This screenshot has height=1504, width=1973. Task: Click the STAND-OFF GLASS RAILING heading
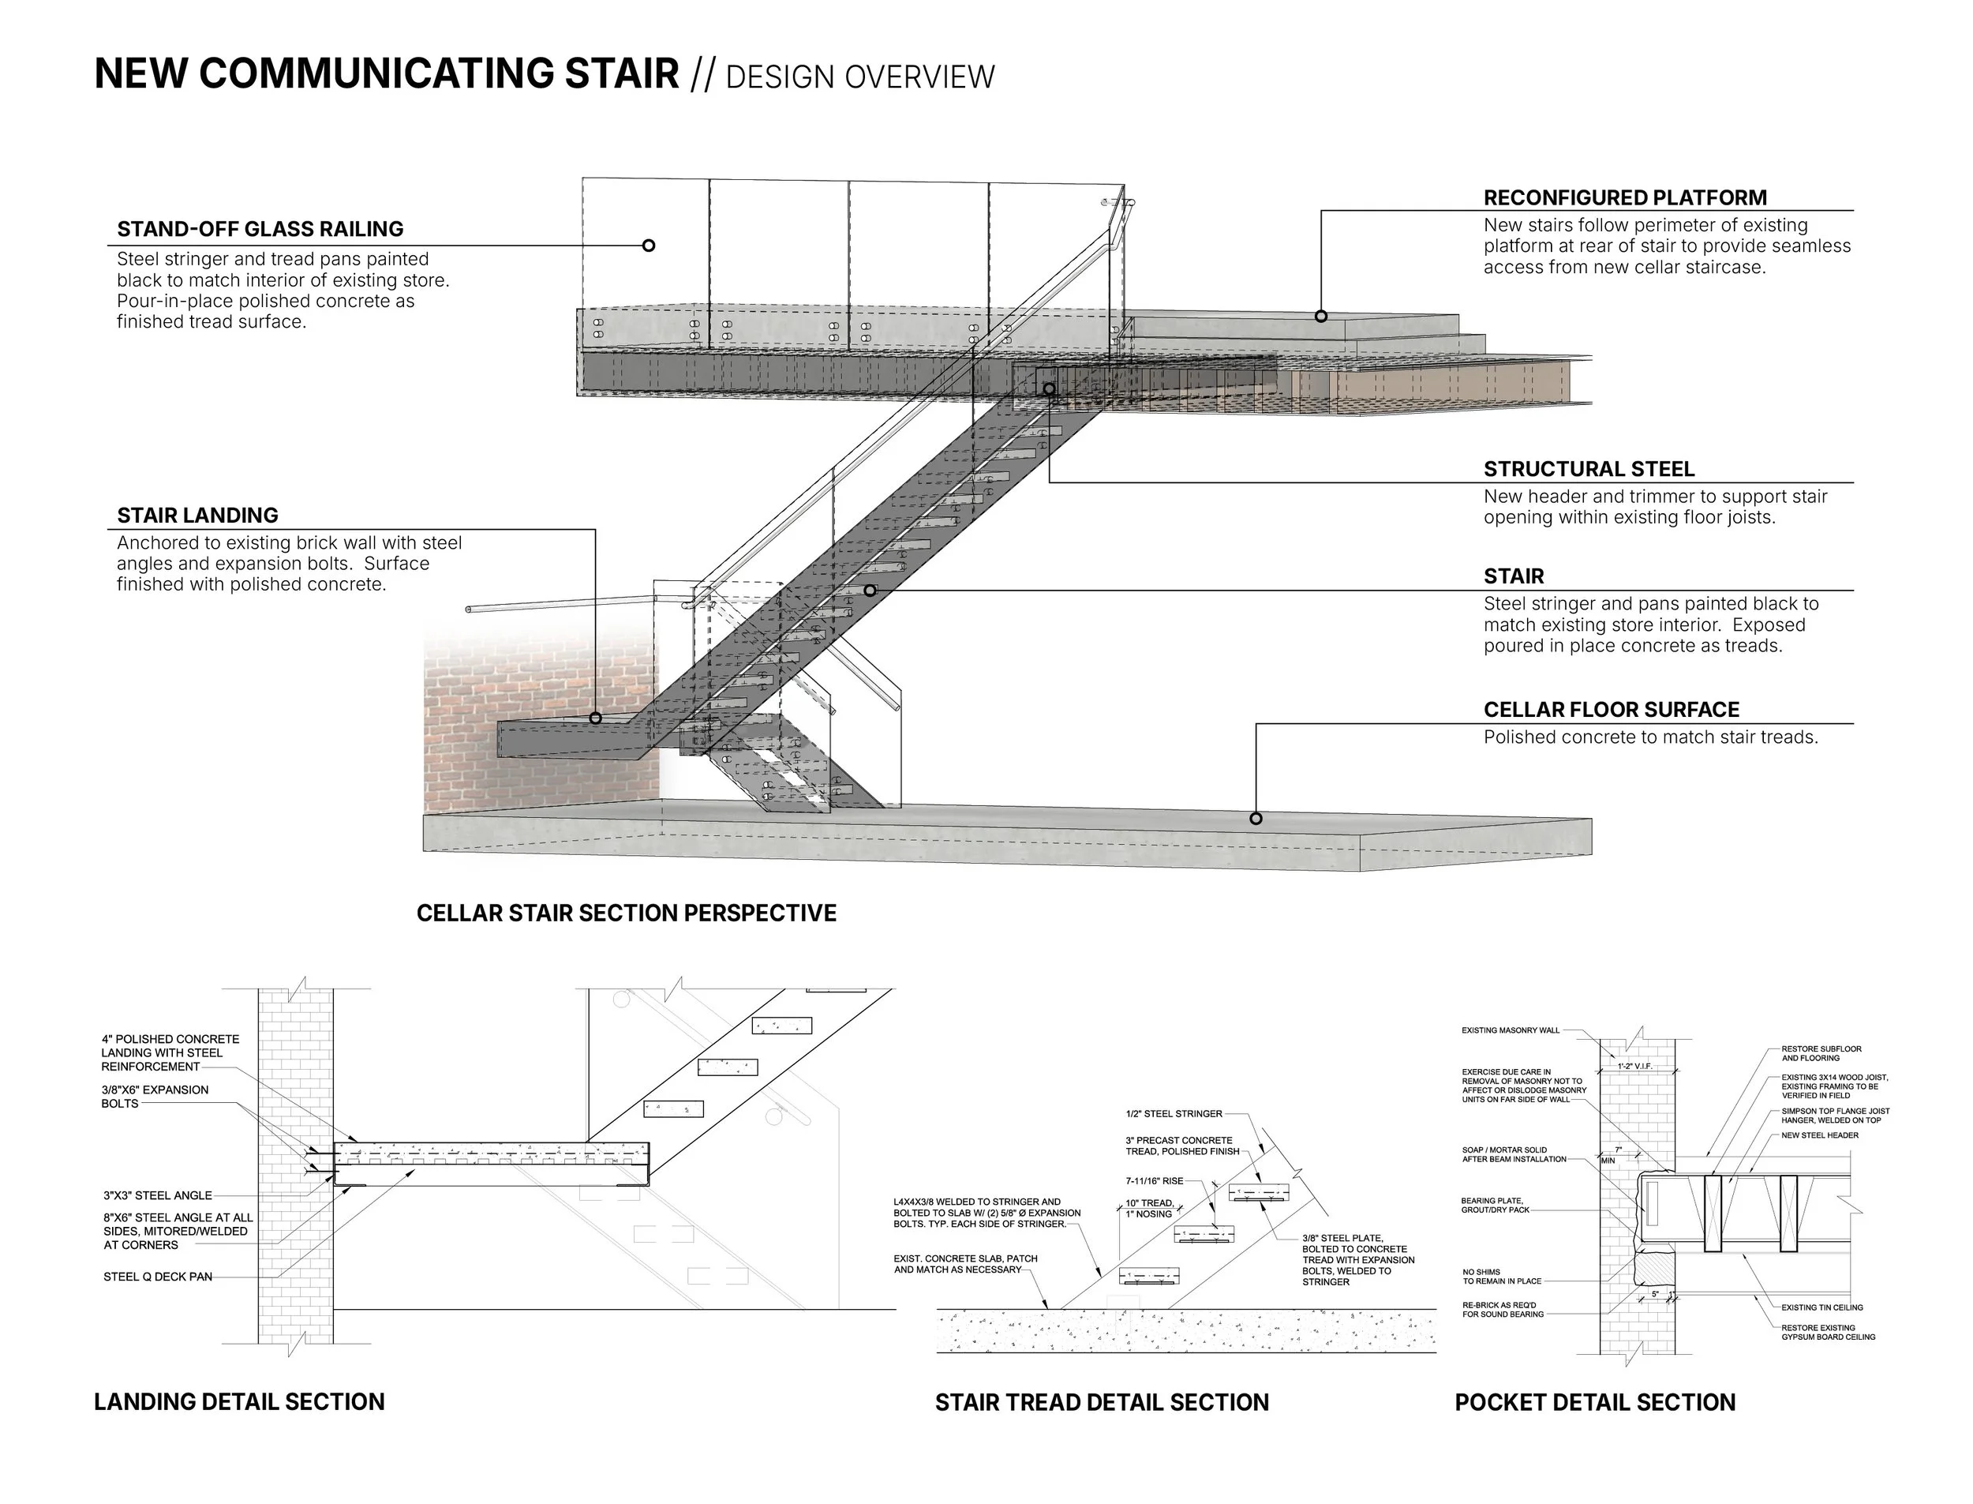point(260,229)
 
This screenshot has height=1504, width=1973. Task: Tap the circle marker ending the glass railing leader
point(649,246)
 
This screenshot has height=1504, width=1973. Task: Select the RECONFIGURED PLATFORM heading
point(1625,198)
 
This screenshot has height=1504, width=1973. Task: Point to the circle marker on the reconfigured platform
point(1320,316)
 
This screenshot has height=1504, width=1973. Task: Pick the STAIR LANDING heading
point(197,516)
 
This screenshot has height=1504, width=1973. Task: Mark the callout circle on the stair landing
point(596,718)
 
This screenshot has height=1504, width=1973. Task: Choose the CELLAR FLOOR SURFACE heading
point(1612,710)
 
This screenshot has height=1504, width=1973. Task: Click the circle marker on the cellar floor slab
point(1256,818)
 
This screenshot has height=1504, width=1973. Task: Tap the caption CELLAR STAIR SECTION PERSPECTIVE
point(627,913)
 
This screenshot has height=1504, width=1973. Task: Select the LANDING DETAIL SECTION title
point(239,1402)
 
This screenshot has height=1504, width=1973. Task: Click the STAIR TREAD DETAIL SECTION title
point(1102,1403)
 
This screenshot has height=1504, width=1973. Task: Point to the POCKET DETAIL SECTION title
point(1594,1403)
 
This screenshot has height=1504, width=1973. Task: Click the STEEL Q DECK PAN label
point(158,1277)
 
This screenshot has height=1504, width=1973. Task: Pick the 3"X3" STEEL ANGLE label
point(158,1195)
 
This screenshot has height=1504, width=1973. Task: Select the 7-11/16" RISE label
point(1155,1181)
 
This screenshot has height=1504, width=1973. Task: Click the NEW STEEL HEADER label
point(1819,1135)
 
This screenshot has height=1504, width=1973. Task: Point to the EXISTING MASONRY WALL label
point(1511,1030)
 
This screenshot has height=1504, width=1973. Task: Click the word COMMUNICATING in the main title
point(439,73)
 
